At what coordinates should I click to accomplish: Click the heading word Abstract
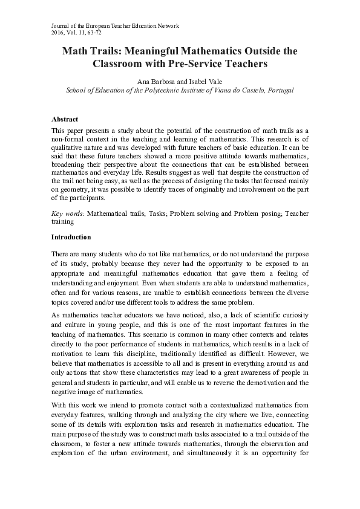click(65, 120)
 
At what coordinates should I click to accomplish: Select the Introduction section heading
click(71, 237)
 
